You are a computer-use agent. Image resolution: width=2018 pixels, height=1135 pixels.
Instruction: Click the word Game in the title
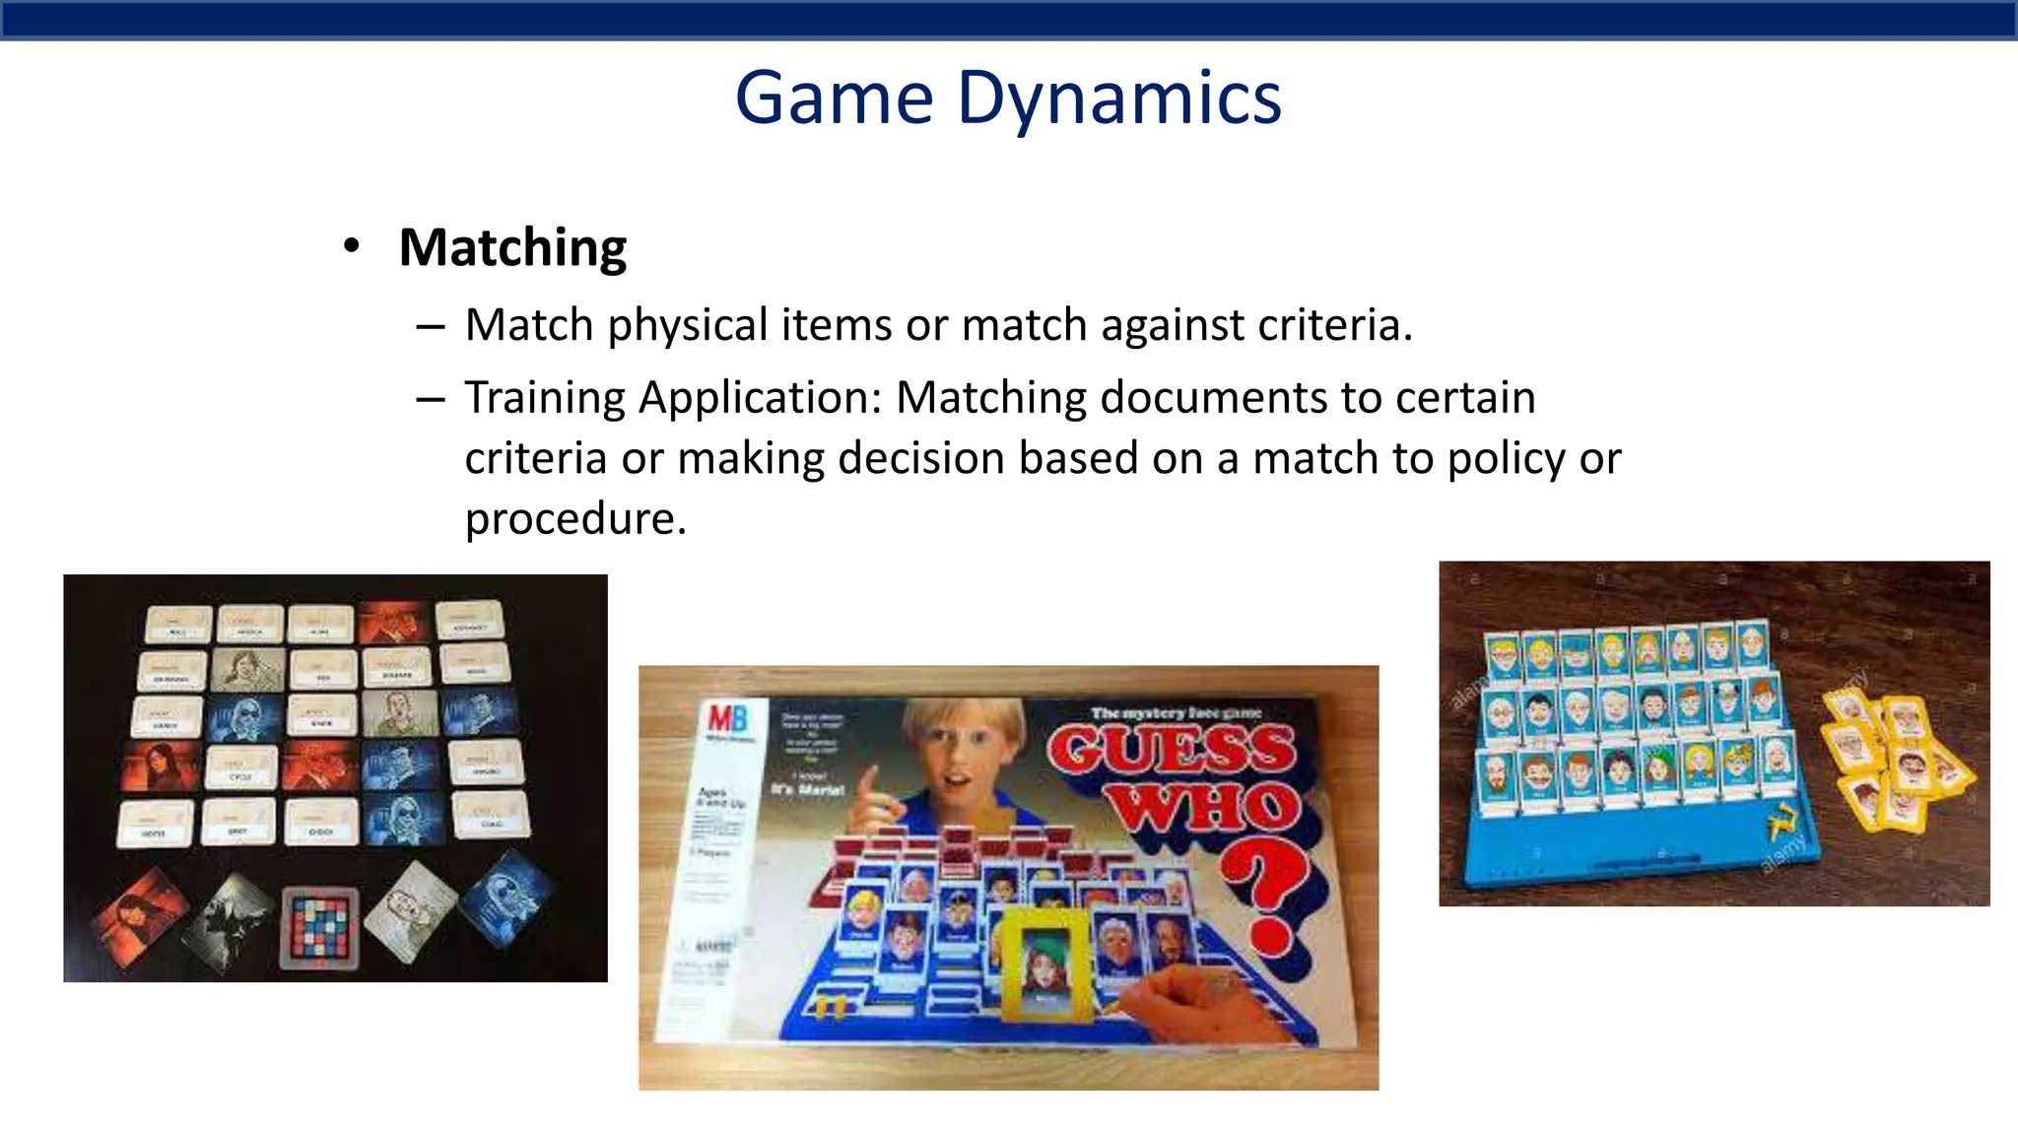[x=834, y=100]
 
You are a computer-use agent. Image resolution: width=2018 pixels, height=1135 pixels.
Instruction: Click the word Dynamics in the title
[x=1118, y=100]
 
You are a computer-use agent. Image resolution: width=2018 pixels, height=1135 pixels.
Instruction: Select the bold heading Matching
[x=512, y=247]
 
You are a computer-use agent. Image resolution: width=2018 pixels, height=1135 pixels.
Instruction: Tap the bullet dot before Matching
[x=352, y=246]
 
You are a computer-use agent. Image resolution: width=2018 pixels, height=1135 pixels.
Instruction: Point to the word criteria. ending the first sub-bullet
[x=1335, y=325]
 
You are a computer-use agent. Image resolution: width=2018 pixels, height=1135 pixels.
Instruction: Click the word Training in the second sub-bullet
[x=545, y=398]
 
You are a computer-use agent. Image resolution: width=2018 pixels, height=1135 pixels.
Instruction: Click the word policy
[x=1506, y=459]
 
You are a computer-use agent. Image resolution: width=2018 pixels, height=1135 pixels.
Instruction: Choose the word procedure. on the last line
[x=574, y=519]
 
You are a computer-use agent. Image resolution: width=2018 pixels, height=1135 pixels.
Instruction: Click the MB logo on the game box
[x=727, y=718]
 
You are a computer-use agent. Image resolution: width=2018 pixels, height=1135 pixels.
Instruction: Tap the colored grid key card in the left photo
[x=319, y=926]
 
